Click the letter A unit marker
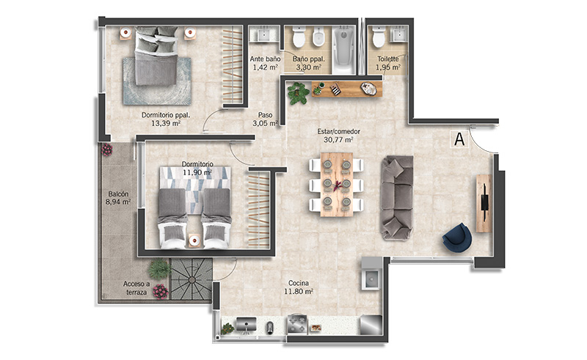pos(459,139)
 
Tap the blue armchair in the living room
pos(456,238)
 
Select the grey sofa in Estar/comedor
pos(397,198)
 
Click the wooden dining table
pos(337,184)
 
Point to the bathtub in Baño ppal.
pos(343,49)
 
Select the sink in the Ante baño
pos(264,33)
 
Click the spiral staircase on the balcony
pos(192,279)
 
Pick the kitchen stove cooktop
pos(297,324)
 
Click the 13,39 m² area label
pos(166,123)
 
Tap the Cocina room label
pos(299,283)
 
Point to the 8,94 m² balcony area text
pos(118,202)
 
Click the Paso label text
pos(265,115)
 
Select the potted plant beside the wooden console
pos(299,93)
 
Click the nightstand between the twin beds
pos(194,240)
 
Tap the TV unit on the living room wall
pos(484,203)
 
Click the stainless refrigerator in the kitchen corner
pos(371,325)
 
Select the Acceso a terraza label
pos(136,287)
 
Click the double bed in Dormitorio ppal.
pos(156,56)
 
